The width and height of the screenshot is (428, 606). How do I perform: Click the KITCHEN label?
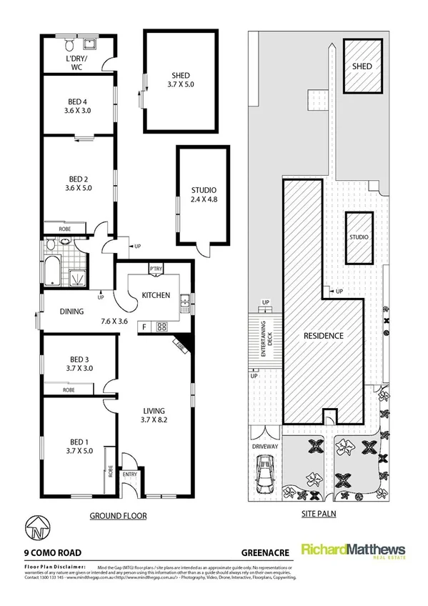(155, 295)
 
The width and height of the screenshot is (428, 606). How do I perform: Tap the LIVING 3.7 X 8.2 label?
(153, 416)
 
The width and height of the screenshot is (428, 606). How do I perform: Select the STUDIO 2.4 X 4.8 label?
(204, 194)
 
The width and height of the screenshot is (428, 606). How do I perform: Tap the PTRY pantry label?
(156, 269)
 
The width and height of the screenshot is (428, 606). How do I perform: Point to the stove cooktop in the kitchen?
(161, 327)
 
